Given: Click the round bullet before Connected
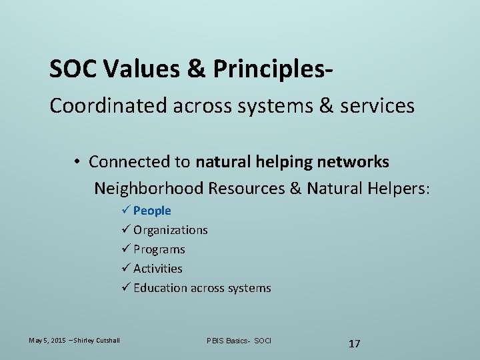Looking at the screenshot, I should (x=78, y=162).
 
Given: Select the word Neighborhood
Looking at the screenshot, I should (x=148, y=189).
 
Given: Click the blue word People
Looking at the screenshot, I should (x=152, y=211).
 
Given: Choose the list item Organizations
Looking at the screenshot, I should (x=171, y=230).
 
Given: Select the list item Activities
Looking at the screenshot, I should (x=158, y=269).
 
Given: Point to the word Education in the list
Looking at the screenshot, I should (x=161, y=288).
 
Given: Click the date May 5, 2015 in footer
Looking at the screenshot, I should (x=46, y=341).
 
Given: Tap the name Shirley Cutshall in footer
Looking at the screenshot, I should (x=97, y=341).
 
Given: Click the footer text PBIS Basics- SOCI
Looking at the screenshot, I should (x=239, y=341).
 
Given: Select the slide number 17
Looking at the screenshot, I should (x=355, y=343).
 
